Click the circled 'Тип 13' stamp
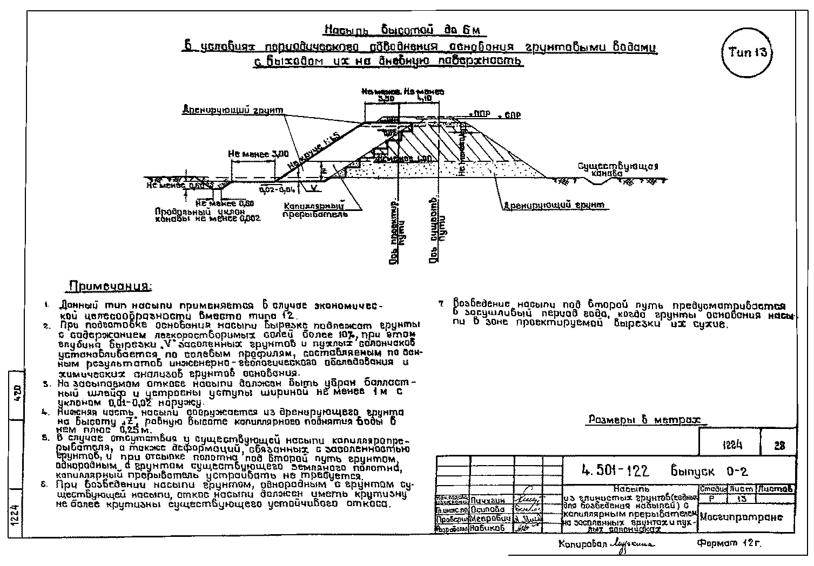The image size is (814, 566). (x=747, y=52)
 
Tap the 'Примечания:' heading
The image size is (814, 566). (x=110, y=286)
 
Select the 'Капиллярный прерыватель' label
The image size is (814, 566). (x=315, y=210)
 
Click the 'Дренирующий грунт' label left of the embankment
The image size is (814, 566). (x=233, y=111)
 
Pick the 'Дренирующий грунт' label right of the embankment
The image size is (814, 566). (x=554, y=206)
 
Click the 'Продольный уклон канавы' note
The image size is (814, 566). (x=208, y=215)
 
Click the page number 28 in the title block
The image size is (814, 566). (x=778, y=446)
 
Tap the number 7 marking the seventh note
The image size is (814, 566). (x=442, y=304)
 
